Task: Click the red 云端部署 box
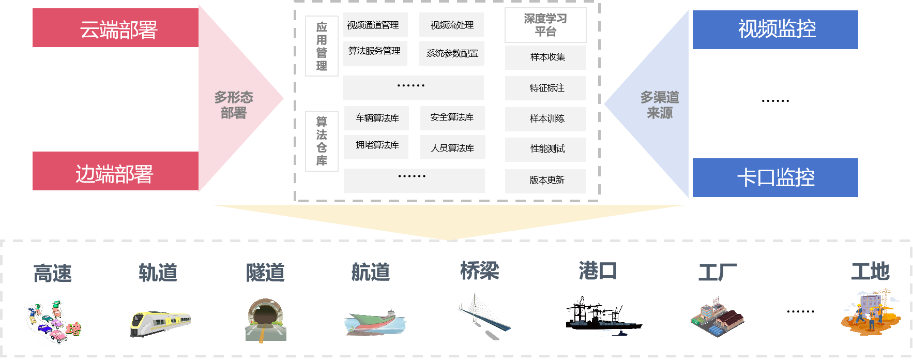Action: [x=116, y=28]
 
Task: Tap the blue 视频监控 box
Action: [x=775, y=29]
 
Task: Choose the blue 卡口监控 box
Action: [x=775, y=177]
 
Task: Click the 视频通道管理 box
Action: [x=375, y=25]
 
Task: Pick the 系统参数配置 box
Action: [x=452, y=53]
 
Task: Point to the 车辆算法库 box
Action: [x=376, y=118]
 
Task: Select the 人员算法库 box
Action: [x=452, y=148]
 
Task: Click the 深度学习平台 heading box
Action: [x=545, y=25]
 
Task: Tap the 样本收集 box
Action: [x=545, y=57]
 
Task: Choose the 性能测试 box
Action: [x=545, y=149]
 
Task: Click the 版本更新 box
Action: [x=545, y=181]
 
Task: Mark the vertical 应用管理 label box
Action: [x=322, y=46]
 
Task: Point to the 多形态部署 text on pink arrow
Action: [x=234, y=104]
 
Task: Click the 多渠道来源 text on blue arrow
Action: [x=660, y=104]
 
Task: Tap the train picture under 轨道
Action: [x=159, y=323]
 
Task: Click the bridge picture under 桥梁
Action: [x=484, y=316]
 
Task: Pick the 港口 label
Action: [x=598, y=271]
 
